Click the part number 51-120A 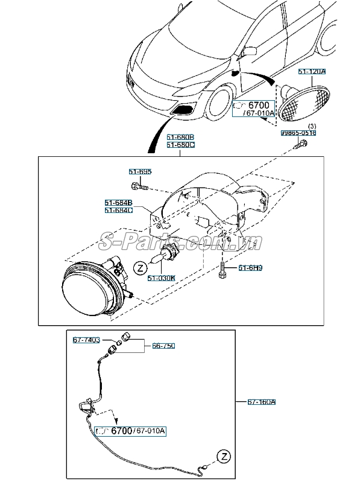pos(312,72)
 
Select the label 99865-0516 pos(298,133)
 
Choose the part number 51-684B pos(118,202)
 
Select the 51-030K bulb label pos(162,278)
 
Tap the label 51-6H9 pos(249,268)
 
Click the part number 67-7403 pos(86,340)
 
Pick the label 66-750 pos(163,346)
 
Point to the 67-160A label pos(262,402)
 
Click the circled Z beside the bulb pos(139,267)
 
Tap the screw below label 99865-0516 pos(301,144)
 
